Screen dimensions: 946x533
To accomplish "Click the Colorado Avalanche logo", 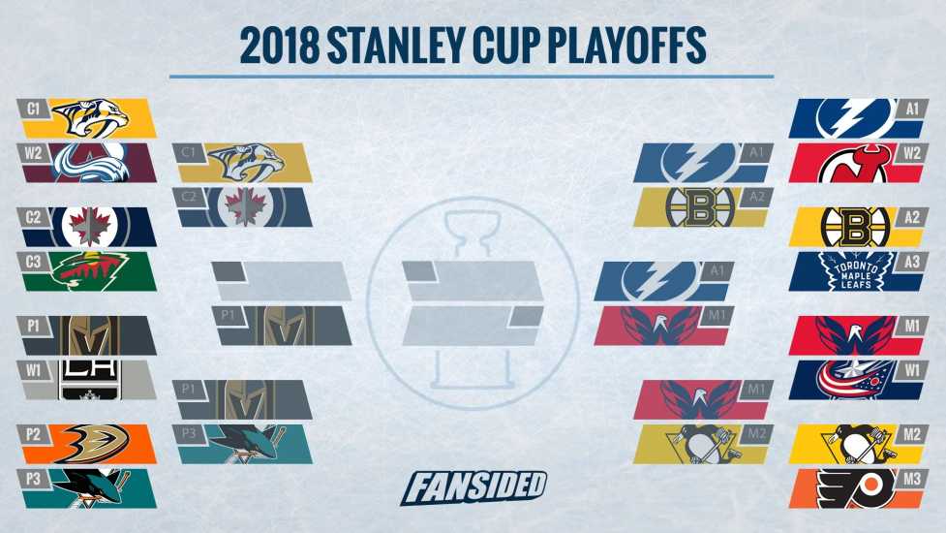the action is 91,163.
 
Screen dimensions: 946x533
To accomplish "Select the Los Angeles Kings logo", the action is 90,380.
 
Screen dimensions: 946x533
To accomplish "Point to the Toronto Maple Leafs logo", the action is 856,271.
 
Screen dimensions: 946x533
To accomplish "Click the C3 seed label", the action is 33,262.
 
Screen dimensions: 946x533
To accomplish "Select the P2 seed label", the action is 33,434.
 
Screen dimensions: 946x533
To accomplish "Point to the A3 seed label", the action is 912,262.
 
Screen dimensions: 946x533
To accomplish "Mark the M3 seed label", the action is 912,479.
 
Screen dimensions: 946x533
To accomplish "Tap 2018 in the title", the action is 278,46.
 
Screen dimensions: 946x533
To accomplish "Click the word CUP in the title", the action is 505,46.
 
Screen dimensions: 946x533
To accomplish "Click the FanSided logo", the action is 473,487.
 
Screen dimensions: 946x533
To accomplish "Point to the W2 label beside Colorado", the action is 33,153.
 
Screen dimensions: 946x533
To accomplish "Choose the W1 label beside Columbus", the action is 912,369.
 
